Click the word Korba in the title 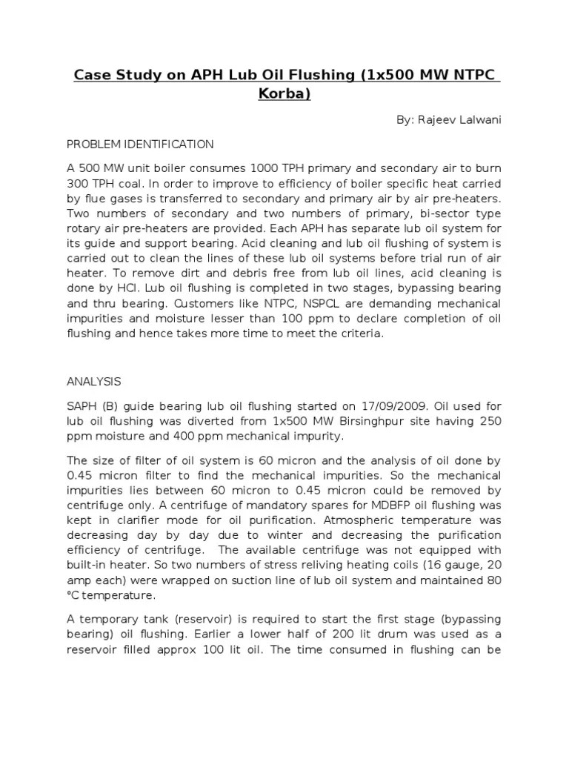[x=284, y=95]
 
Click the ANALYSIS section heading [x=94, y=382]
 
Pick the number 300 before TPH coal [x=79, y=185]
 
